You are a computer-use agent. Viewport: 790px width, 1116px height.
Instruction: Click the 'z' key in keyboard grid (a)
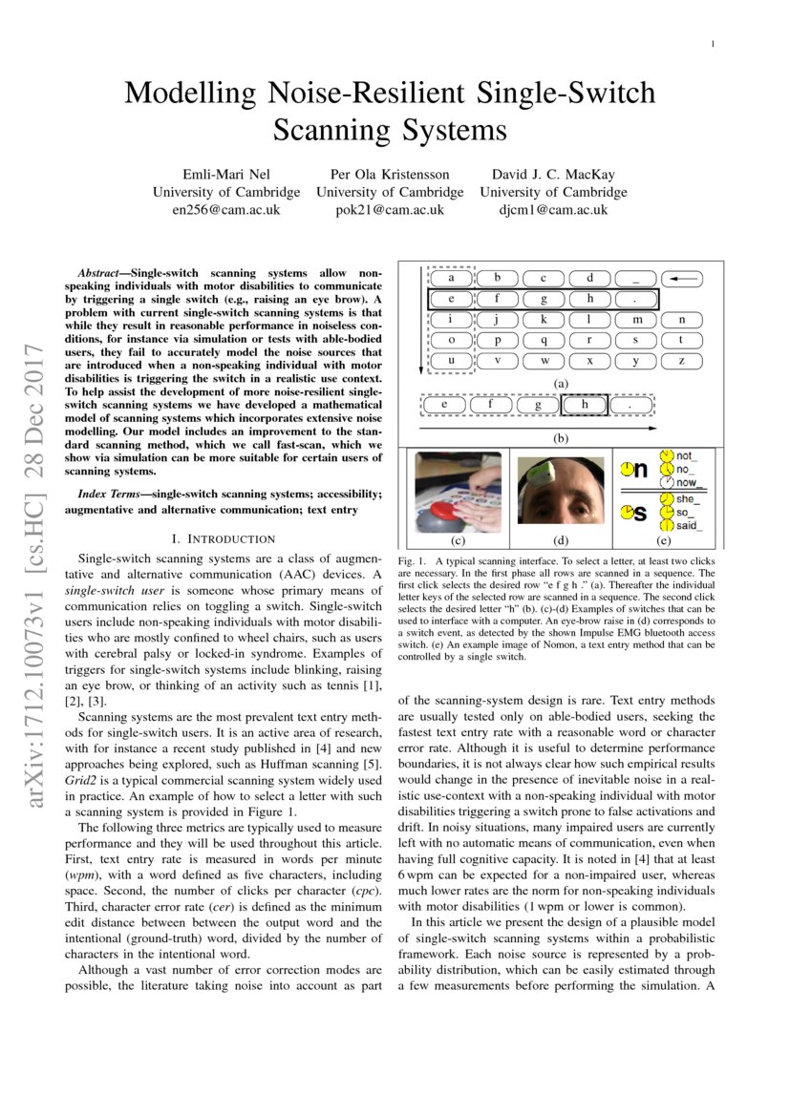(681, 361)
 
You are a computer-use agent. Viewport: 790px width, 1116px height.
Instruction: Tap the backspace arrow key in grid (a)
(681, 279)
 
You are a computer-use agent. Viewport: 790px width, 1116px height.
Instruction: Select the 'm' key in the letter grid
(636, 320)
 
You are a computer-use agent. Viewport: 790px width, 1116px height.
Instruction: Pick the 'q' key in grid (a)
(544, 340)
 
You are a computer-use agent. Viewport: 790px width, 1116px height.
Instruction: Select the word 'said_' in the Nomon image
(686, 525)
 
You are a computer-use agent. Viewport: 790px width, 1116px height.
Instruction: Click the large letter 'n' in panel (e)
(640, 470)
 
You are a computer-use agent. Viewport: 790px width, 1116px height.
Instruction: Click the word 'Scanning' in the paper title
(331, 129)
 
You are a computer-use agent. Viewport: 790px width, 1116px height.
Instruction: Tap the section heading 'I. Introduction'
(223, 539)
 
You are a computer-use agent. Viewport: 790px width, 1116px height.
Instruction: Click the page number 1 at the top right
(714, 44)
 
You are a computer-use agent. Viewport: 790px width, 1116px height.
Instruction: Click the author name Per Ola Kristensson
(390, 174)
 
